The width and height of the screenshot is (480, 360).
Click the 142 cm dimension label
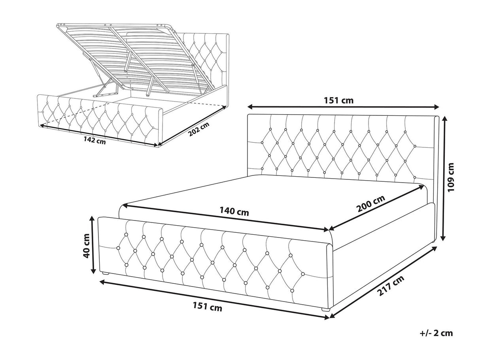tap(94, 141)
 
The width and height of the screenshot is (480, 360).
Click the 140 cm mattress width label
tap(234, 211)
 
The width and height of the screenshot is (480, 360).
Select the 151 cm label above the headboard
tap(338, 100)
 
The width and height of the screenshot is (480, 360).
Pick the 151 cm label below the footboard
tap(207, 306)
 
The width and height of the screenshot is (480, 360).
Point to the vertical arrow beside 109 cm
tap(444, 178)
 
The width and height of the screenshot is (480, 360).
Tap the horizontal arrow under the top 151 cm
tap(343, 107)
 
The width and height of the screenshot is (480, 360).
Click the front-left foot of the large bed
tap(106, 273)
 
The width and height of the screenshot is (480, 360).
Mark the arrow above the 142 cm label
tap(99, 135)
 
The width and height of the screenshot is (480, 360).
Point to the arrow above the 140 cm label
tap(226, 217)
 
